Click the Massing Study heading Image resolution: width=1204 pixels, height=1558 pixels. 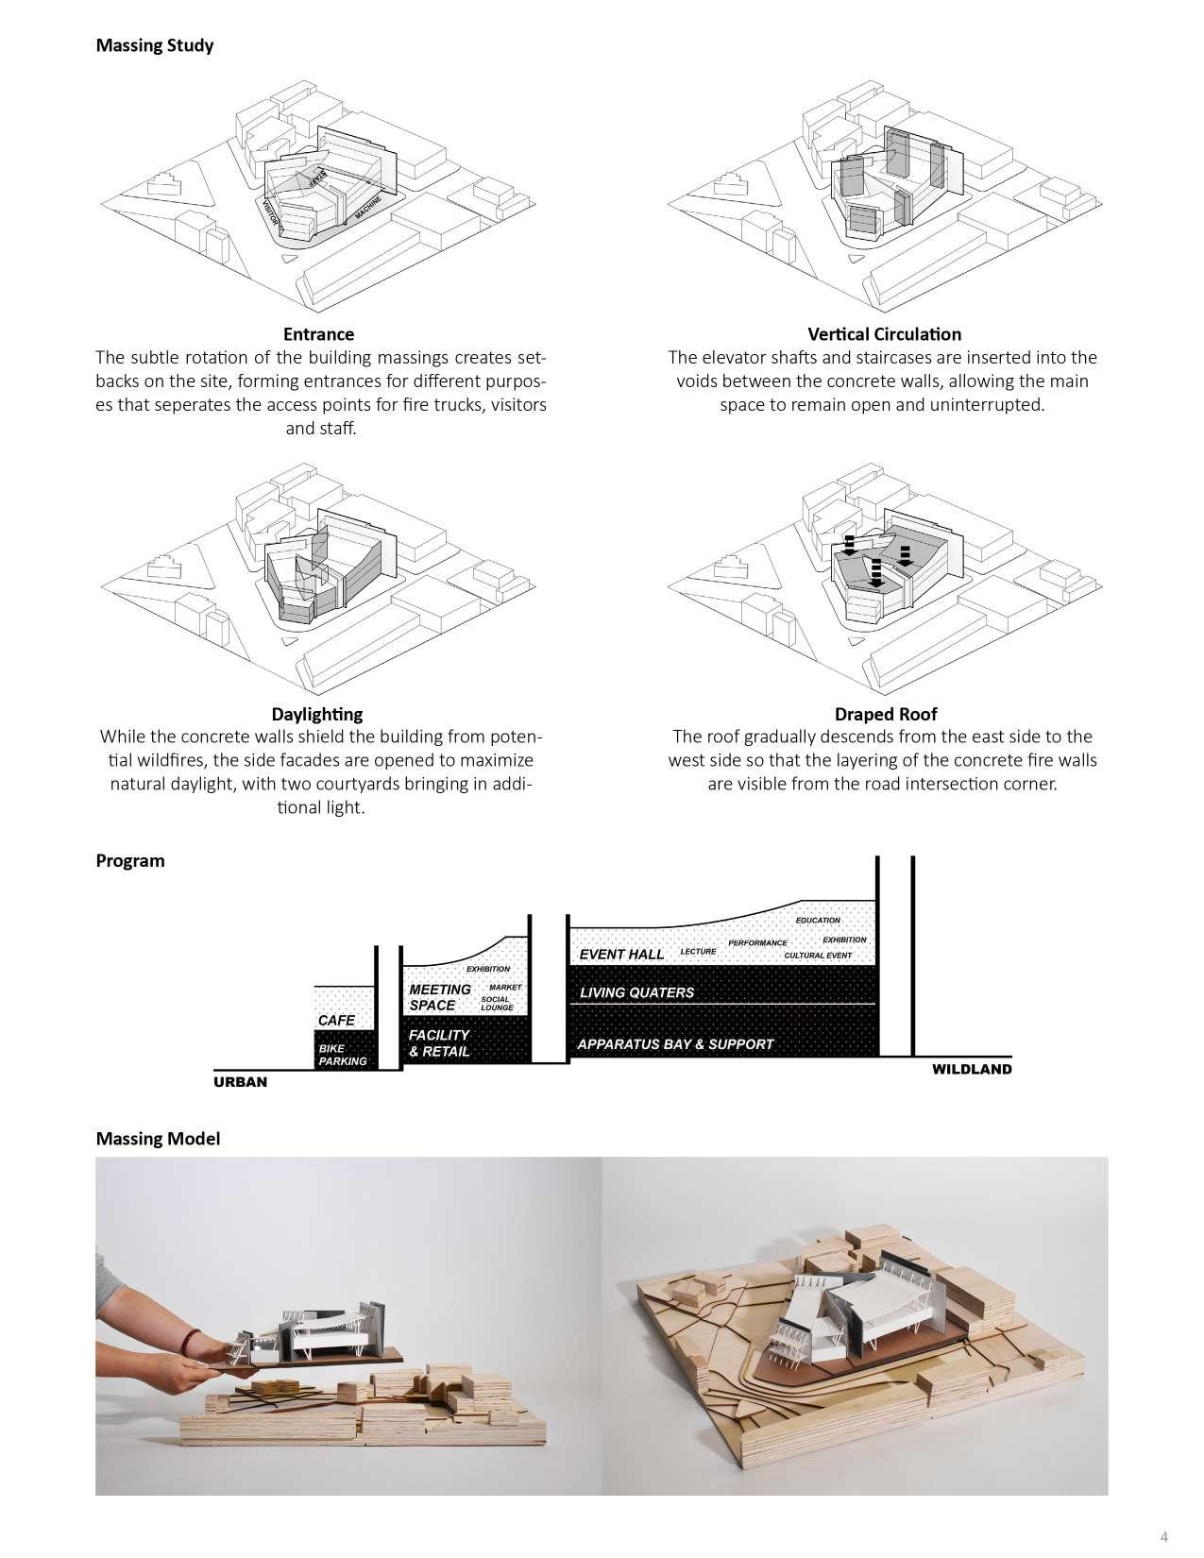[155, 45]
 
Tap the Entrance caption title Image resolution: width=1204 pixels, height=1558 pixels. [318, 334]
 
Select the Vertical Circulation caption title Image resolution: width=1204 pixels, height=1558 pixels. [884, 334]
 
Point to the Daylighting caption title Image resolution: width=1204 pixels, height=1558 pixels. [316, 714]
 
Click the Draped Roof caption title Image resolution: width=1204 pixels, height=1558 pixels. [885, 714]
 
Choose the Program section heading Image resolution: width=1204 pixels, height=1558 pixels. [130, 860]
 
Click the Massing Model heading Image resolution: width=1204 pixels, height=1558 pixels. [158, 1138]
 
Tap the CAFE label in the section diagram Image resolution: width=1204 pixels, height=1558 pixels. [336, 1021]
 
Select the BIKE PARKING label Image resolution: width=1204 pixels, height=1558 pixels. [342, 1055]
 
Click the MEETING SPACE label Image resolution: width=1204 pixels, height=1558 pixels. [439, 997]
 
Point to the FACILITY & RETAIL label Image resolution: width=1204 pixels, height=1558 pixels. [439, 1043]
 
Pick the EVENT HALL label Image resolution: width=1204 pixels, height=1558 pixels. [621, 955]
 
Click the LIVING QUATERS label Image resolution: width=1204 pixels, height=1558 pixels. [636, 992]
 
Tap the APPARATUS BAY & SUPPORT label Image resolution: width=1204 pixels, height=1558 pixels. [674, 1044]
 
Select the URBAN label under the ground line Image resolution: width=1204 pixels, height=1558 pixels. [240, 1082]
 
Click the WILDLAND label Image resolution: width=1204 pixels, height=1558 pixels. [972, 1069]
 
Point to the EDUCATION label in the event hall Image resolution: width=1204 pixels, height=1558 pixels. [818, 921]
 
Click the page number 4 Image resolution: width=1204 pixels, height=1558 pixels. [1164, 1534]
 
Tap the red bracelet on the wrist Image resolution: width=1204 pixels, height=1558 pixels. [192, 1340]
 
